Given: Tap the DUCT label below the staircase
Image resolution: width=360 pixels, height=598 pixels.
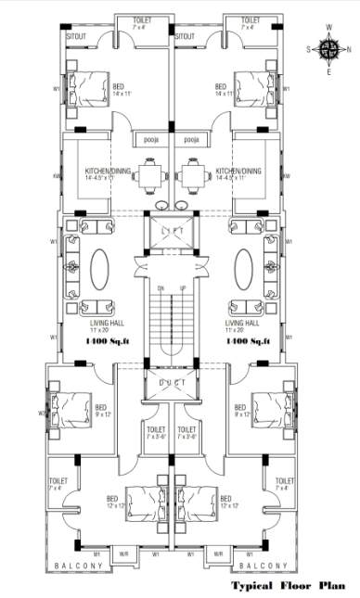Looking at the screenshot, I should point(172,382).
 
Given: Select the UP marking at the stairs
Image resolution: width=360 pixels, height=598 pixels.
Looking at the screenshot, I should point(182,289).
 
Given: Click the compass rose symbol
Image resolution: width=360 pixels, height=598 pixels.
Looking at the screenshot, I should point(328,47).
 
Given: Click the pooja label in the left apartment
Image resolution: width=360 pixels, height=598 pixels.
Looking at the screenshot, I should point(150,140).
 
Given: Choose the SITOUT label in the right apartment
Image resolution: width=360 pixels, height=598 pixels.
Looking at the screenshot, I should point(186,35).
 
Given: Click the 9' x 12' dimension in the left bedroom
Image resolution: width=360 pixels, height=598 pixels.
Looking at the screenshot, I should point(101,414).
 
